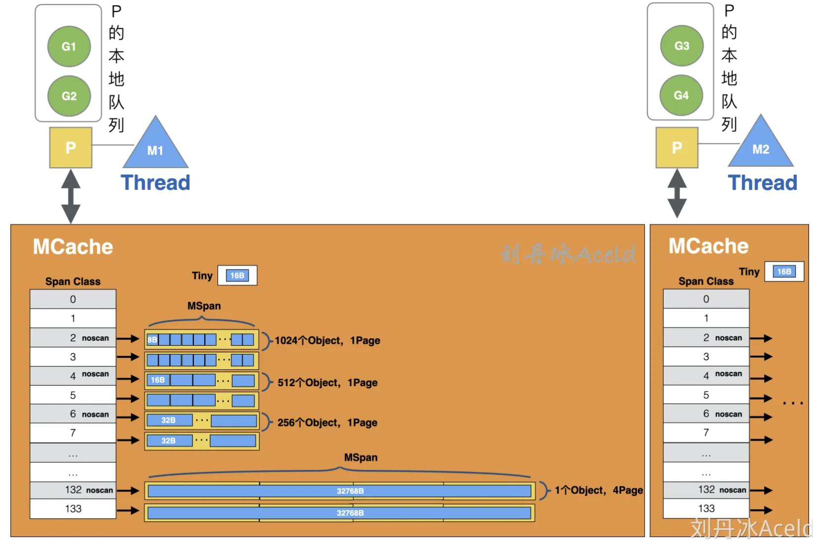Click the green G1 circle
pos(69,46)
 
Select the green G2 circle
pos(69,96)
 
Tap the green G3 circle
pos(681,46)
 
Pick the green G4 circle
pos(681,95)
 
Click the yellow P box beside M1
pos(71,147)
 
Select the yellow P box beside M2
pos(677,147)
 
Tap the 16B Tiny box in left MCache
pos(237,275)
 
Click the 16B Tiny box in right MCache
pos(784,271)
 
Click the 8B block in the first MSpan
pos(152,340)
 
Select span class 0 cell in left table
pos(73,299)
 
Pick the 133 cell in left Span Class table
pos(73,509)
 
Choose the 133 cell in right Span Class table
pos(706,508)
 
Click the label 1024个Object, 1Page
pos(327,341)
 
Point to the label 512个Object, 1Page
pos(327,383)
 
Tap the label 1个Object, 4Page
pos(598,491)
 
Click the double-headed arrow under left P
pos(71,196)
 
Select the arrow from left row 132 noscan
pos(128,491)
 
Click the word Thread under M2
pos(763,183)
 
